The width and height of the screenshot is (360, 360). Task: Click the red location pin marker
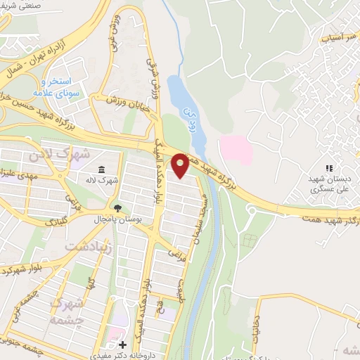pos(181,165)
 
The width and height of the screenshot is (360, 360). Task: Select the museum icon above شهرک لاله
pos(103,169)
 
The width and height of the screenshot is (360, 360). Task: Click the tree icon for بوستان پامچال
pos(117,208)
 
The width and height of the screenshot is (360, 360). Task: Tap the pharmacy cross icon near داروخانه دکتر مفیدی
pos(123,345)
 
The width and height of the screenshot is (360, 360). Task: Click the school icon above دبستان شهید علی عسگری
pos(328,168)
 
